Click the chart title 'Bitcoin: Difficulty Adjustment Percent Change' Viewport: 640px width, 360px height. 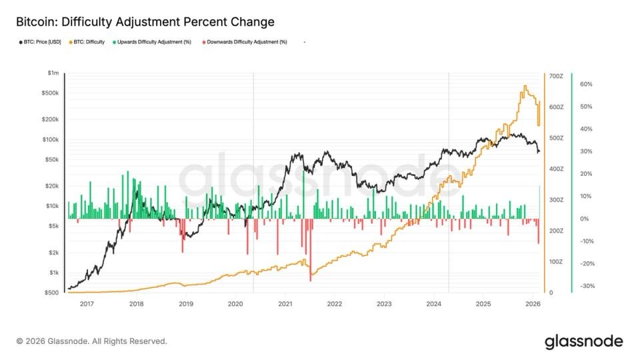pyautogui.click(x=145, y=22)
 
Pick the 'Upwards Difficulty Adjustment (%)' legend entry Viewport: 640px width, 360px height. pyautogui.click(x=154, y=42)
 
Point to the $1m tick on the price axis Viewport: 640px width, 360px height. pyautogui.click(x=53, y=73)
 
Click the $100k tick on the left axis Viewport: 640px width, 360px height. pyautogui.click(x=51, y=139)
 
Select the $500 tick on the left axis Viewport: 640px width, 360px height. pyautogui.click(x=52, y=293)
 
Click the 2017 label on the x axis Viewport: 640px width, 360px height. pyautogui.click(x=86, y=304)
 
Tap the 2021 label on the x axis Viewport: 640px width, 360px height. pyautogui.click(x=285, y=304)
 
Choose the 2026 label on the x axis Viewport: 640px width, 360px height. pyautogui.click(x=533, y=304)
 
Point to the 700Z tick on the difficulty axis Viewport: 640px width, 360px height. pyautogui.click(x=555, y=77)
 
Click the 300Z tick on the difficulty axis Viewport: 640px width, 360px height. pyautogui.click(x=555, y=200)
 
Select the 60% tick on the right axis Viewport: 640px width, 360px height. pyautogui.click(x=587, y=84)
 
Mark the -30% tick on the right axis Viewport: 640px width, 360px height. pyautogui.click(x=587, y=286)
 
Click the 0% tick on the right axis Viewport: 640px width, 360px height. pyautogui.click(x=585, y=219)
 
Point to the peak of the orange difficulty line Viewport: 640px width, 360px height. pyautogui.click(x=525, y=86)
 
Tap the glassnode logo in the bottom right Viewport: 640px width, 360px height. pyautogui.click(x=583, y=341)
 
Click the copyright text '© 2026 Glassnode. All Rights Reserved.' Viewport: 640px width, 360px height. pyautogui.click(x=91, y=341)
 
